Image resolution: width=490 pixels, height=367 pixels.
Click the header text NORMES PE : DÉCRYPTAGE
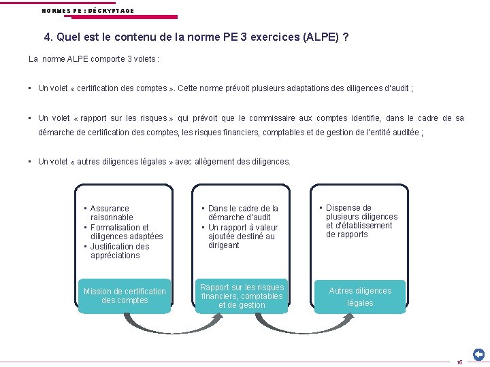(88, 11)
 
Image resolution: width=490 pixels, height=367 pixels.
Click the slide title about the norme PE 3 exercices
(197, 37)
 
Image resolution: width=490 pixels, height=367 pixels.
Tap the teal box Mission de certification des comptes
(125, 296)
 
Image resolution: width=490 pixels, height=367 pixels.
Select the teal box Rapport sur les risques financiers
(242, 296)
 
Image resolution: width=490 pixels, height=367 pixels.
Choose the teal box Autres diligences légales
(360, 296)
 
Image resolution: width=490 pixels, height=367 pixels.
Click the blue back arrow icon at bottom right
(478, 354)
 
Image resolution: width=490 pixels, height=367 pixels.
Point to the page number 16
(459, 362)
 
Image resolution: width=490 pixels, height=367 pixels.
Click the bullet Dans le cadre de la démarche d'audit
(243, 213)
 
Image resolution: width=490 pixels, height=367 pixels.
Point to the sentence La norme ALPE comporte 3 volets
(94, 59)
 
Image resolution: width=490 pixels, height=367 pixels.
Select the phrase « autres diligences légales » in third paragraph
(122, 162)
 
